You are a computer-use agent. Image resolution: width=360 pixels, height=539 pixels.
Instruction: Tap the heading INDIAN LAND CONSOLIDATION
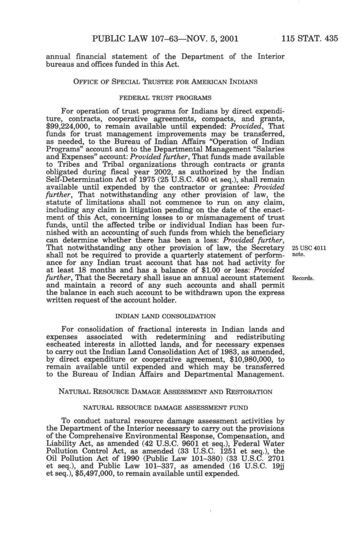coord(165,316)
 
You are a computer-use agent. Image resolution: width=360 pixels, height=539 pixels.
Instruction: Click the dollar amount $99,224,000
coord(68,126)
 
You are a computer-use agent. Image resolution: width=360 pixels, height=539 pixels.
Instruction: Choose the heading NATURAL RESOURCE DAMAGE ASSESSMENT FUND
coord(165,408)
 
